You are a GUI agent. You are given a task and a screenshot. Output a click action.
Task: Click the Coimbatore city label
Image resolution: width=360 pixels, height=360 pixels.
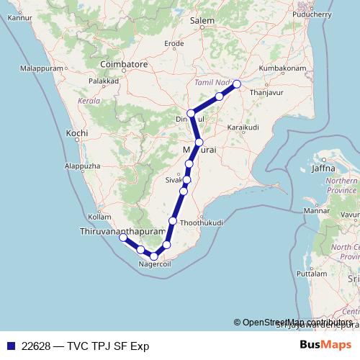tap(124, 64)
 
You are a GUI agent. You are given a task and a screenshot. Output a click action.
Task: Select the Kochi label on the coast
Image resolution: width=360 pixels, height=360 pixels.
tap(76, 134)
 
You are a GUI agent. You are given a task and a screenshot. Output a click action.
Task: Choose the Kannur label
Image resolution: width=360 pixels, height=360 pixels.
tap(19, 17)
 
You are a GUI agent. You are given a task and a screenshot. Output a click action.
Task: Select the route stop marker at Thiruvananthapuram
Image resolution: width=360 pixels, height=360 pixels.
tap(123, 237)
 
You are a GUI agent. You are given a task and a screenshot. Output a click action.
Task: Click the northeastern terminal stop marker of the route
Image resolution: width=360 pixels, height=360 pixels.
tap(236, 84)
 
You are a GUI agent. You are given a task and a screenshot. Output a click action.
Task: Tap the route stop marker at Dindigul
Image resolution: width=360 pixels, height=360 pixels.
tap(191, 113)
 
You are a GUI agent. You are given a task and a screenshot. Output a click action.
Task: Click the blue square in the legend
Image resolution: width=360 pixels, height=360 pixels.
tap(9, 346)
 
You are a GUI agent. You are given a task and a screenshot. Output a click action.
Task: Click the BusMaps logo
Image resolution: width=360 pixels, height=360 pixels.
tap(325, 346)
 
